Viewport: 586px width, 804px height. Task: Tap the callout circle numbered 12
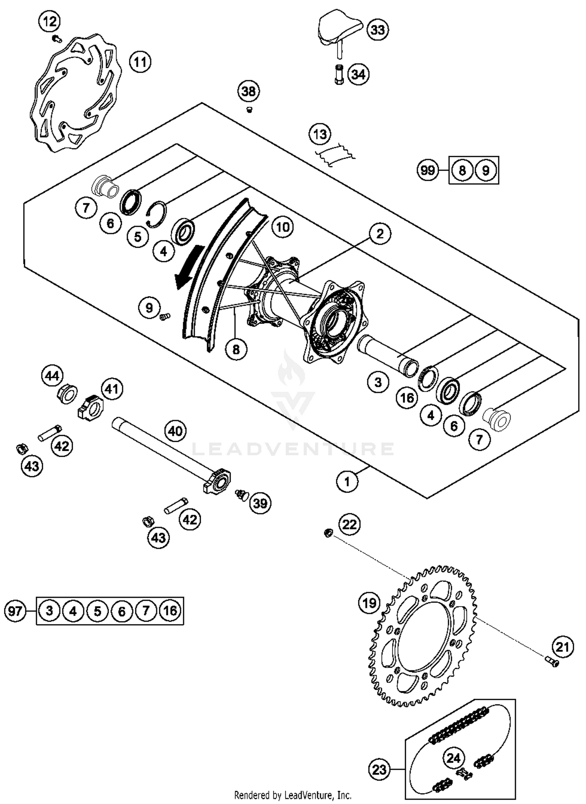[x=50, y=21]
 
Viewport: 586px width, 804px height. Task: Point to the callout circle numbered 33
[x=377, y=30]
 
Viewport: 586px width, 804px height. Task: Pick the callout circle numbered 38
[x=249, y=91]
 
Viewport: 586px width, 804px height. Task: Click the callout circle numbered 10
[x=282, y=227]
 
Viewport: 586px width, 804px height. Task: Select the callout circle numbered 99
[x=428, y=170]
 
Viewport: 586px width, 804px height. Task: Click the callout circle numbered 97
[x=15, y=610]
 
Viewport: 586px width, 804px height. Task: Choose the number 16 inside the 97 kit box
[x=170, y=610]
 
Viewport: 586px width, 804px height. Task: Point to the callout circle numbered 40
[x=175, y=431]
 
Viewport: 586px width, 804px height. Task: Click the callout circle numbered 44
[x=52, y=376]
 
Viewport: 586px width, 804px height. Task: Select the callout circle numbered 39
[x=260, y=503]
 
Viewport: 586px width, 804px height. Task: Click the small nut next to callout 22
[x=329, y=532]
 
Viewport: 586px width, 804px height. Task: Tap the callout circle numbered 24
[x=454, y=758]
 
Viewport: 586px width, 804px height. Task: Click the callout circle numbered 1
[x=347, y=482]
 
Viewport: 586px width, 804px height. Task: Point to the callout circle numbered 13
[x=320, y=134]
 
